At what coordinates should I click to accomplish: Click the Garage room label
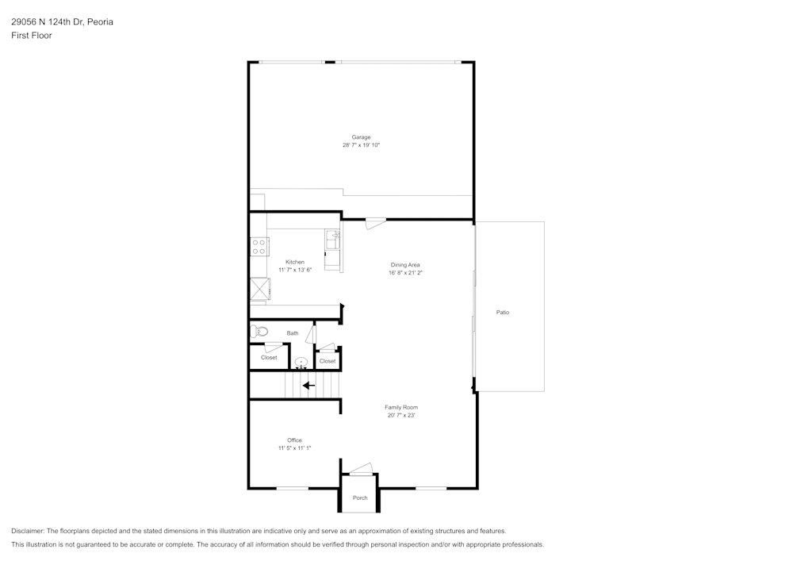click(361, 137)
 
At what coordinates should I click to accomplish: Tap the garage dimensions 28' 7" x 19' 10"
click(361, 145)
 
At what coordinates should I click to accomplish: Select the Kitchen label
click(295, 262)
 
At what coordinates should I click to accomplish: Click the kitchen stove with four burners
click(259, 247)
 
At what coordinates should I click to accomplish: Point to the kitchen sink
click(333, 239)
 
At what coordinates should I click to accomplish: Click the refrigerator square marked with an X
click(259, 288)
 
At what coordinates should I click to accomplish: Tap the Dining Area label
click(404, 264)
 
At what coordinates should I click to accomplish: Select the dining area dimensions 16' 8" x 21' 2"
click(404, 272)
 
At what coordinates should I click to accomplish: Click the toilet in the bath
click(259, 332)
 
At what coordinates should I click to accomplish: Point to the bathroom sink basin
click(301, 363)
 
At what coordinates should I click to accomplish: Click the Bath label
click(293, 333)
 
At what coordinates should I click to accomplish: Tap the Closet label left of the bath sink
click(269, 358)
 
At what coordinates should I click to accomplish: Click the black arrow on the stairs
click(308, 386)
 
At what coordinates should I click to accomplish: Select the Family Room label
click(401, 407)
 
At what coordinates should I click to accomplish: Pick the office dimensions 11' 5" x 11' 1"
click(294, 448)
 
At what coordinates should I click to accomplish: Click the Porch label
click(360, 498)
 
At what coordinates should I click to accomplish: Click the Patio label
click(503, 312)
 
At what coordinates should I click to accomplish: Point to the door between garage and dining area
click(375, 224)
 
